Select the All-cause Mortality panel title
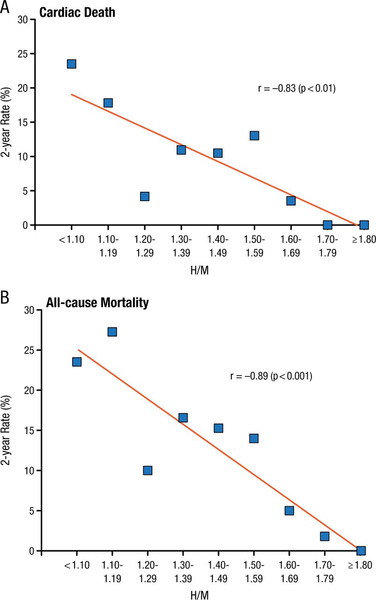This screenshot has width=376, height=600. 97,303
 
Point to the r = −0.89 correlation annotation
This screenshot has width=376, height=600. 271,376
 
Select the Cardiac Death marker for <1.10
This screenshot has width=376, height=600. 72,64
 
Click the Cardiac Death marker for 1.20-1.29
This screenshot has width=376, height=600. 145,196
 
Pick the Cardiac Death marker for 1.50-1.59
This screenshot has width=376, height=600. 254,135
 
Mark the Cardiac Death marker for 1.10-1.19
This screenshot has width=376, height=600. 108,103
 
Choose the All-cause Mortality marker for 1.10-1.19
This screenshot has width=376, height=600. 112,332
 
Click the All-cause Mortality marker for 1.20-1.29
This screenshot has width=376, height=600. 148,470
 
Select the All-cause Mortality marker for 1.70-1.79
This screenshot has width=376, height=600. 325,536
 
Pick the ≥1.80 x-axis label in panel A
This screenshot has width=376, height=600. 363,240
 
